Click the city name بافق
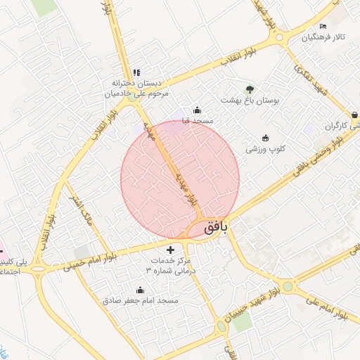pos(216,228)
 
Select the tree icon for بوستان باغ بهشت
pos(249,89)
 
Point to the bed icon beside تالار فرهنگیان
pos(323,26)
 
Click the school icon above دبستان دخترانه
pos(136,72)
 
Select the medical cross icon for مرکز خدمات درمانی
pos(171,250)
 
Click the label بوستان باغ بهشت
pos(250,101)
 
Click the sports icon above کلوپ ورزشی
pos(265,138)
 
